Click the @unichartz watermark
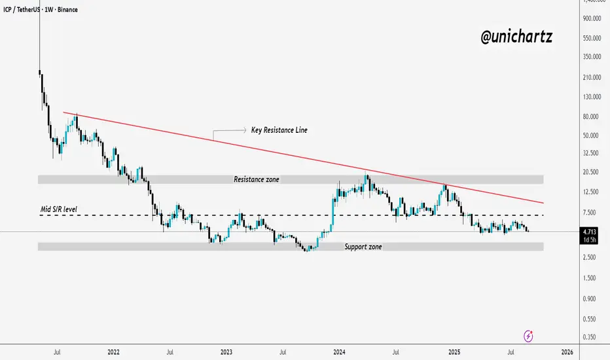pyautogui.click(x=516, y=37)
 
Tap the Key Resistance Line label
pyautogui.click(x=279, y=130)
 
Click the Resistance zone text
pyautogui.click(x=257, y=179)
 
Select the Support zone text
pyautogui.click(x=363, y=247)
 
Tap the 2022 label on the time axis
pyautogui.click(x=112, y=351)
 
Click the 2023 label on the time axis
pyautogui.click(x=226, y=351)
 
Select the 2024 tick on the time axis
pyautogui.click(x=339, y=351)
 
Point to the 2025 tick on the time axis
pyautogui.click(x=453, y=351)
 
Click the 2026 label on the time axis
pyautogui.click(x=567, y=351)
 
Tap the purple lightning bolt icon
pyautogui.click(x=529, y=336)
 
